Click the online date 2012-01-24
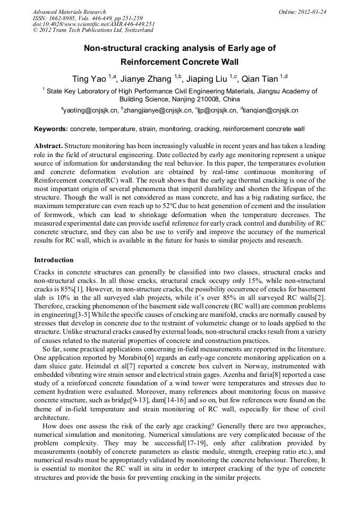(x=313, y=12)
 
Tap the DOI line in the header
(x=93, y=24)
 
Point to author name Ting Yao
(x=89, y=79)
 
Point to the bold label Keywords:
(x=51, y=129)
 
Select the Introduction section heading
(x=54, y=260)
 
